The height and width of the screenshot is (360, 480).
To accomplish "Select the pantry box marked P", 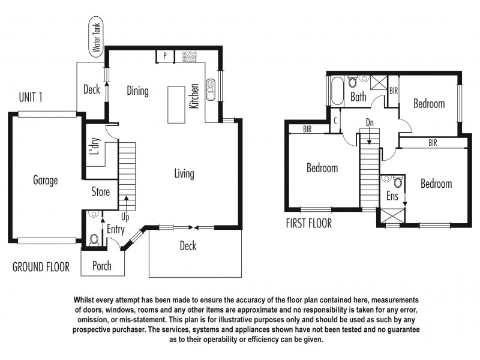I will [x=164, y=56].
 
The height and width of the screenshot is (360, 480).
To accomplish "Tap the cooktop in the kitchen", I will [x=190, y=57].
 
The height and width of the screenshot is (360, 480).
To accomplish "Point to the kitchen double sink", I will [x=211, y=89].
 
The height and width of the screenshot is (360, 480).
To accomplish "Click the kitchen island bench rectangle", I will [x=176, y=104].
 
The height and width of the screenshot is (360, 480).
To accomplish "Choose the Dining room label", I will [x=137, y=91].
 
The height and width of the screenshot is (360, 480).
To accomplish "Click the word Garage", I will [x=45, y=180].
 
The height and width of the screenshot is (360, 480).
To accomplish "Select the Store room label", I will [x=100, y=192].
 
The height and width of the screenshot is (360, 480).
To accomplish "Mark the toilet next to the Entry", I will [x=93, y=239].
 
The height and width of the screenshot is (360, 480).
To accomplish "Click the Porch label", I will [x=102, y=266].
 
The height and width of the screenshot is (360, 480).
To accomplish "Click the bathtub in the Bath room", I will [x=335, y=92].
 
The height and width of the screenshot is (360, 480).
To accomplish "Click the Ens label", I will [x=391, y=196].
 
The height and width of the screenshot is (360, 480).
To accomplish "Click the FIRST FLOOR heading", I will [x=309, y=224].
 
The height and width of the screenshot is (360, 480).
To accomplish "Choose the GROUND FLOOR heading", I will [x=41, y=267].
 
